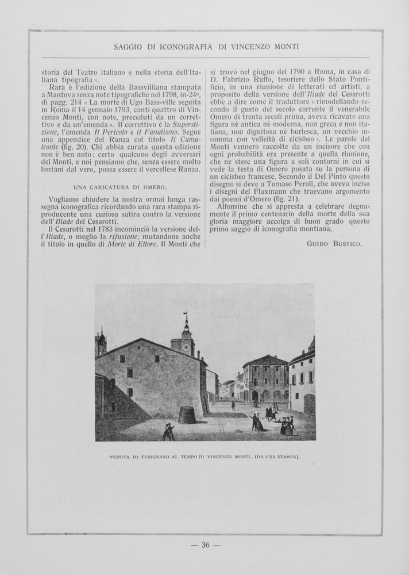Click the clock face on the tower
pyautogui.click(x=186, y=347)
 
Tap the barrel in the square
pyautogui.click(x=187, y=415)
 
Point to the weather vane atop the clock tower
pyautogui.click(x=186, y=315)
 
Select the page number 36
pyautogui.click(x=205, y=546)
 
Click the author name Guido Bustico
pyautogui.click(x=334, y=244)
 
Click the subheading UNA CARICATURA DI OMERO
pyautogui.click(x=120, y=187)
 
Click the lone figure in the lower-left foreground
pyautogui.click(x=168, y=432)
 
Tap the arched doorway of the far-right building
pyautogui.click(x=309, y=404)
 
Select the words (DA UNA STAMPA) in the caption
pyautogui.click(x=275, y=457)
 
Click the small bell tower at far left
pyautogui.click(x=102, y=343)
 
